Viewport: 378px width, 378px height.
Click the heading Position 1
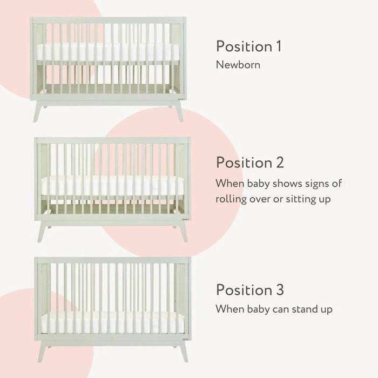[x=248, y=46]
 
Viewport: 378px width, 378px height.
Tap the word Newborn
[x=238, y=65]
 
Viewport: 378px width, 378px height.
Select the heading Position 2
[x=249, y=162]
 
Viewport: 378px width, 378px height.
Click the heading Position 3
[x=249, y=289]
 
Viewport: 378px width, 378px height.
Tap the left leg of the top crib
[x=38, y=111]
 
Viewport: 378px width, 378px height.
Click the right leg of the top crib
[x=178, y=111]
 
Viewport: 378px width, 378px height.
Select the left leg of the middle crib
[x=42, y=231]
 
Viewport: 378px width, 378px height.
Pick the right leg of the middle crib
[x=183, y=231]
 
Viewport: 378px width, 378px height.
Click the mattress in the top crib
[x=108, y=52]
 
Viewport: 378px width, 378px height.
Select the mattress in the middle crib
[x=112, y=186]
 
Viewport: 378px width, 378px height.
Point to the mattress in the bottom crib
[x=112, y=322]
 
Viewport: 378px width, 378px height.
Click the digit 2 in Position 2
[x=279, y=162]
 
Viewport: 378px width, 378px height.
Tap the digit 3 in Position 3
[x=279, y=289]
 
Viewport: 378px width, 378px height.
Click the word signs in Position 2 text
[x=313, y=183]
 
